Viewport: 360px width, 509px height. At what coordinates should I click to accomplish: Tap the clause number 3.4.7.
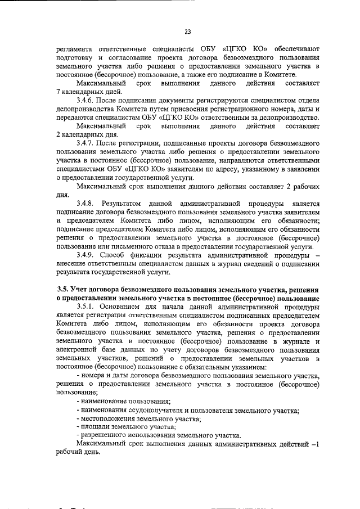tap(87, 143)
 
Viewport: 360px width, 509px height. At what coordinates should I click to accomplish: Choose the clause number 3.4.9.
tap(87, 254)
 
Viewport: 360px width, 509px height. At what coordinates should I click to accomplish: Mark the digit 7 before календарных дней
tap(59, 91)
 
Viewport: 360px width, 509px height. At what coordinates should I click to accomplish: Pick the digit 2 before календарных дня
tap(59, 135)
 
